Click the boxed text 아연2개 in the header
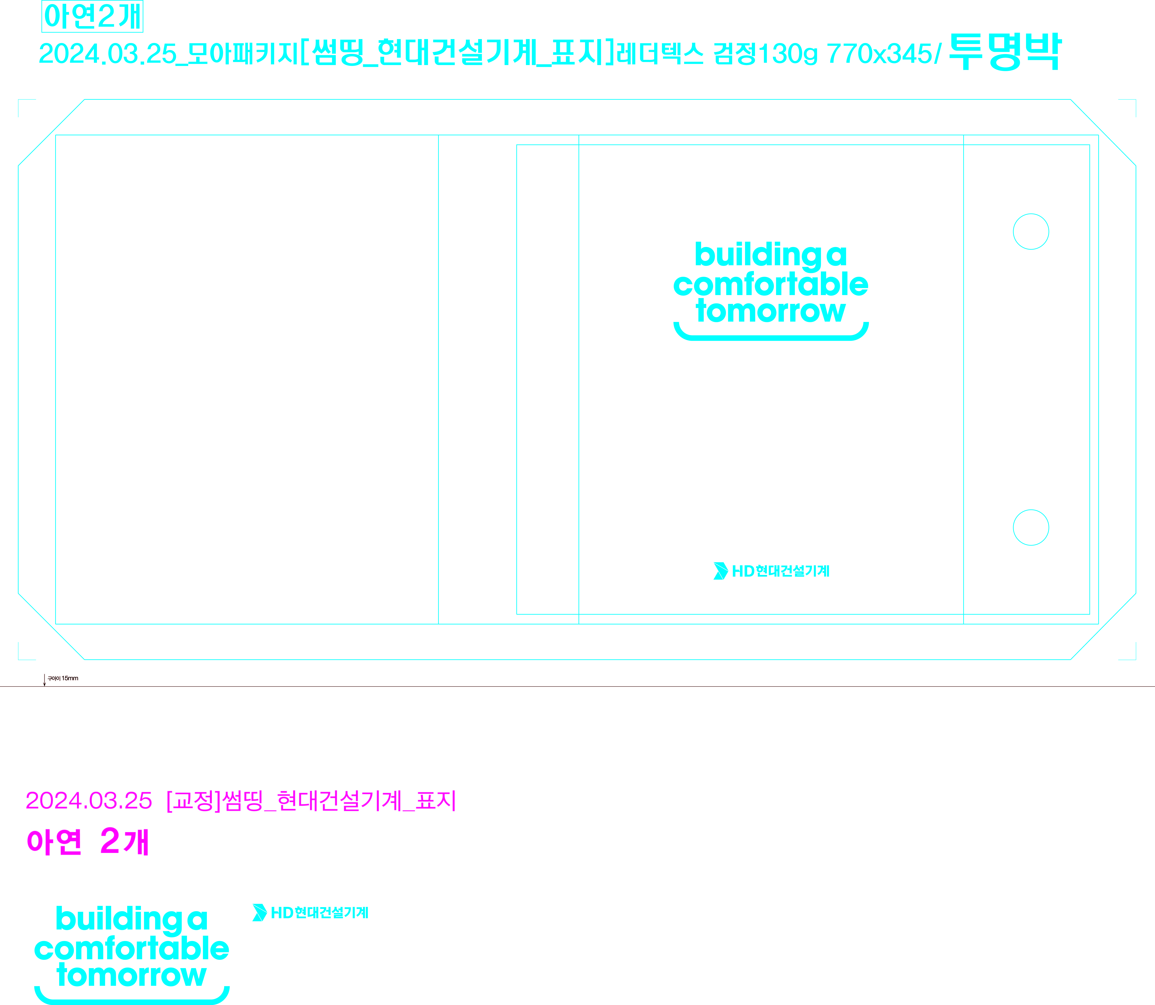click(93, 16)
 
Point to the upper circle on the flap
click(1031, 232)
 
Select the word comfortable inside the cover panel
click(771, 285)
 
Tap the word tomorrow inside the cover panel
click(771, 311)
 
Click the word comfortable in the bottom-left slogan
click(132, 949)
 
